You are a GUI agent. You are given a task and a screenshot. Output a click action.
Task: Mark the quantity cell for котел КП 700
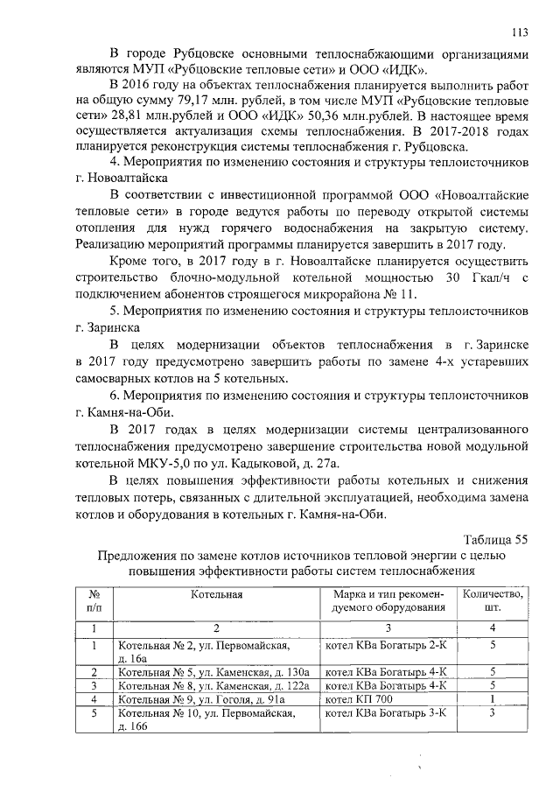tap(493, 699)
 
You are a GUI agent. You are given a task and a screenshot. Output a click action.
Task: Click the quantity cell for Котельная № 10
tap(493, 713)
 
